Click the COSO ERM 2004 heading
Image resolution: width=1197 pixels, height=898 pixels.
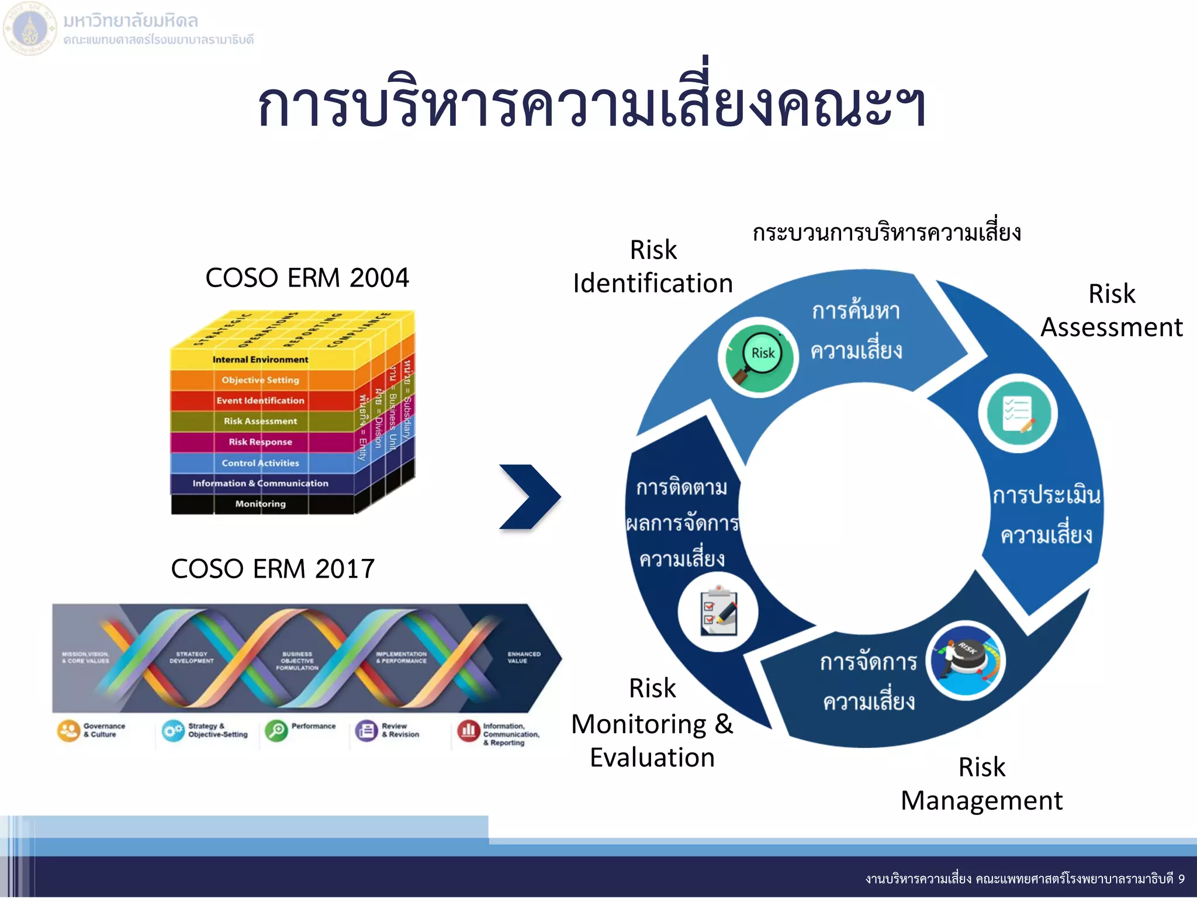307,278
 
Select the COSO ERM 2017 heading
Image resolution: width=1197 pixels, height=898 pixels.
272,569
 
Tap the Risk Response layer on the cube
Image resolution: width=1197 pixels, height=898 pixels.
260,442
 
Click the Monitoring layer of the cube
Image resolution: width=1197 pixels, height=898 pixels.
260,504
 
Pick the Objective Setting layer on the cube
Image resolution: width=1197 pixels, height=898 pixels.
260,380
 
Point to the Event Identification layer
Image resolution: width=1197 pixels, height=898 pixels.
260,400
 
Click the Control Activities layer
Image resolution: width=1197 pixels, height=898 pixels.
260,463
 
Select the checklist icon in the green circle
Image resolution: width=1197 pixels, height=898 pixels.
1018,413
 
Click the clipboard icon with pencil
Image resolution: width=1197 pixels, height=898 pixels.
718,612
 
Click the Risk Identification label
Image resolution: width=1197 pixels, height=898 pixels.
653,267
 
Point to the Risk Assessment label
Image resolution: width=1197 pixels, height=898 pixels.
1111,310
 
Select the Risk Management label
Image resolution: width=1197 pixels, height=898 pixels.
981,783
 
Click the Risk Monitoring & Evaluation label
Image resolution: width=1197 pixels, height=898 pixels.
652,723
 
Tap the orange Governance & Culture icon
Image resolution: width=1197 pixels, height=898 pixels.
68,731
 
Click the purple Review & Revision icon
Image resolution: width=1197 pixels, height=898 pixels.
366,731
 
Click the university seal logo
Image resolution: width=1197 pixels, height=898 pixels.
30,28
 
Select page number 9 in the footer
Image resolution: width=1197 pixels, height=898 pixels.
1181,879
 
